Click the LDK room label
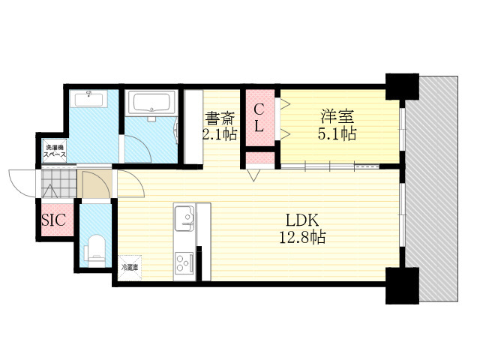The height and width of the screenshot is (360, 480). pyautogui.click(x=302, y=220)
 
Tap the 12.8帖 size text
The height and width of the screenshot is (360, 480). pyautogui.click(x=302, y=237)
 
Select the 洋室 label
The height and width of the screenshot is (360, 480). pyautogui.click(x=337, y=116)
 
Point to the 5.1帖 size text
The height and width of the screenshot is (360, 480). pyautogui.click(x=337, y=133)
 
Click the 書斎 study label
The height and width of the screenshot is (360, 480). pyautogui.click(x=220, y=118)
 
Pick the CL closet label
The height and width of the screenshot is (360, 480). pyautogui.click(x=259, y=118)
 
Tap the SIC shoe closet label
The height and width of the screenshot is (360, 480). pyautogui.click(x=53, y=220)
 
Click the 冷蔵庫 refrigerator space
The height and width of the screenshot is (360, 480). pyautogui.click(x=130, y=268)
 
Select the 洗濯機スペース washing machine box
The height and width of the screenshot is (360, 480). pyautogui.click(x=55, y=151)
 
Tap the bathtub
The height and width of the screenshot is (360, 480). pyautogui.click(x=151, y=103)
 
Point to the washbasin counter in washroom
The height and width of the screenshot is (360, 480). pyautogui.click(x=88, y=98)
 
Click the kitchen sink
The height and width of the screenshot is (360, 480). pyautogui.click(x=184, y=218)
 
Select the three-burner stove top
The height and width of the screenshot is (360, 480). pyautogui.click(x=184, y=263)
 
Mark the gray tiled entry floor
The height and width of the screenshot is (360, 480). pyautogui.click(x=58, y=183)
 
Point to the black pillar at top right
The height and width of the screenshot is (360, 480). pyautogui.click(x=402, y=87)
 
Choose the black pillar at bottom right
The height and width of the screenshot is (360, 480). pyautogui.click(x=402, y=285)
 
